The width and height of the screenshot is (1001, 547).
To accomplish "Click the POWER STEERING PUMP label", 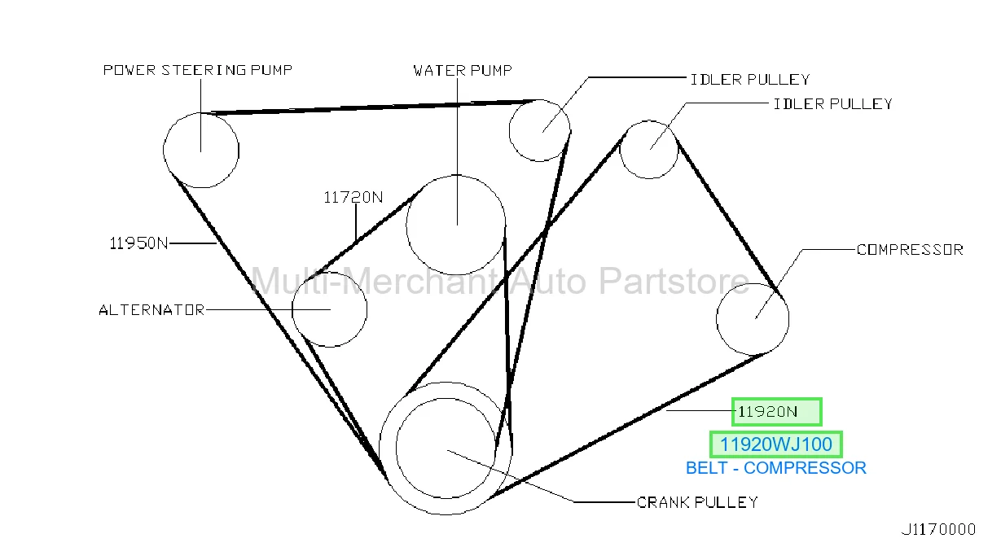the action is point(198,70).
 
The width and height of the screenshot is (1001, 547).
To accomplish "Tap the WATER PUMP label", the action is point(463,71).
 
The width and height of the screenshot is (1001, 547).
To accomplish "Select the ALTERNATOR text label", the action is point(151,310).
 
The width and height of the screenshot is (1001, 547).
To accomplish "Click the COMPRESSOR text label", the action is point(910,250).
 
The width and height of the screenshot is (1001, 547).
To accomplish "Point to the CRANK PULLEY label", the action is point(697,502).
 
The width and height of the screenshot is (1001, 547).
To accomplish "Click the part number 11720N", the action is point(353,197).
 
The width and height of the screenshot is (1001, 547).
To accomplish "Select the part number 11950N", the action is point(138,243).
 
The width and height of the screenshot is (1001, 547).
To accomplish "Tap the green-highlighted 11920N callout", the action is point(777,412).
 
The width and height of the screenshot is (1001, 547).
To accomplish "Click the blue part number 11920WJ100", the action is point(776,444).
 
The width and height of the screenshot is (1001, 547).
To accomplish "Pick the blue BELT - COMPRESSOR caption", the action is point(776,468).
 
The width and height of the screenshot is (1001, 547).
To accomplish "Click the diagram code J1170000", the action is point(938,530).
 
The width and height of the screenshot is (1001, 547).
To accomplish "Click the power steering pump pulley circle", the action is point(164,150).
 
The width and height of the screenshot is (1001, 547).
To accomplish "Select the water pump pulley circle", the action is point(406,225).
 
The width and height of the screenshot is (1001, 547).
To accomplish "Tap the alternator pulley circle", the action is point(292,309).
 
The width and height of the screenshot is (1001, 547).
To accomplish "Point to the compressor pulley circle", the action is point(717,320).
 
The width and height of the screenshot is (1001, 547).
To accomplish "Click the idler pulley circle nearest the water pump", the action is point(509,130).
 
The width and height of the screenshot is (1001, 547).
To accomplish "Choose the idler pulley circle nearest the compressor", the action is point(621,150).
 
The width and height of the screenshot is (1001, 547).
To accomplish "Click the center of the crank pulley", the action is point(446,449).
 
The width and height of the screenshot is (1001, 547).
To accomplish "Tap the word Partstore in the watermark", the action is point(674,282).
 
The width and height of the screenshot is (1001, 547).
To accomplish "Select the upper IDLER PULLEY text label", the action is point(750,80).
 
